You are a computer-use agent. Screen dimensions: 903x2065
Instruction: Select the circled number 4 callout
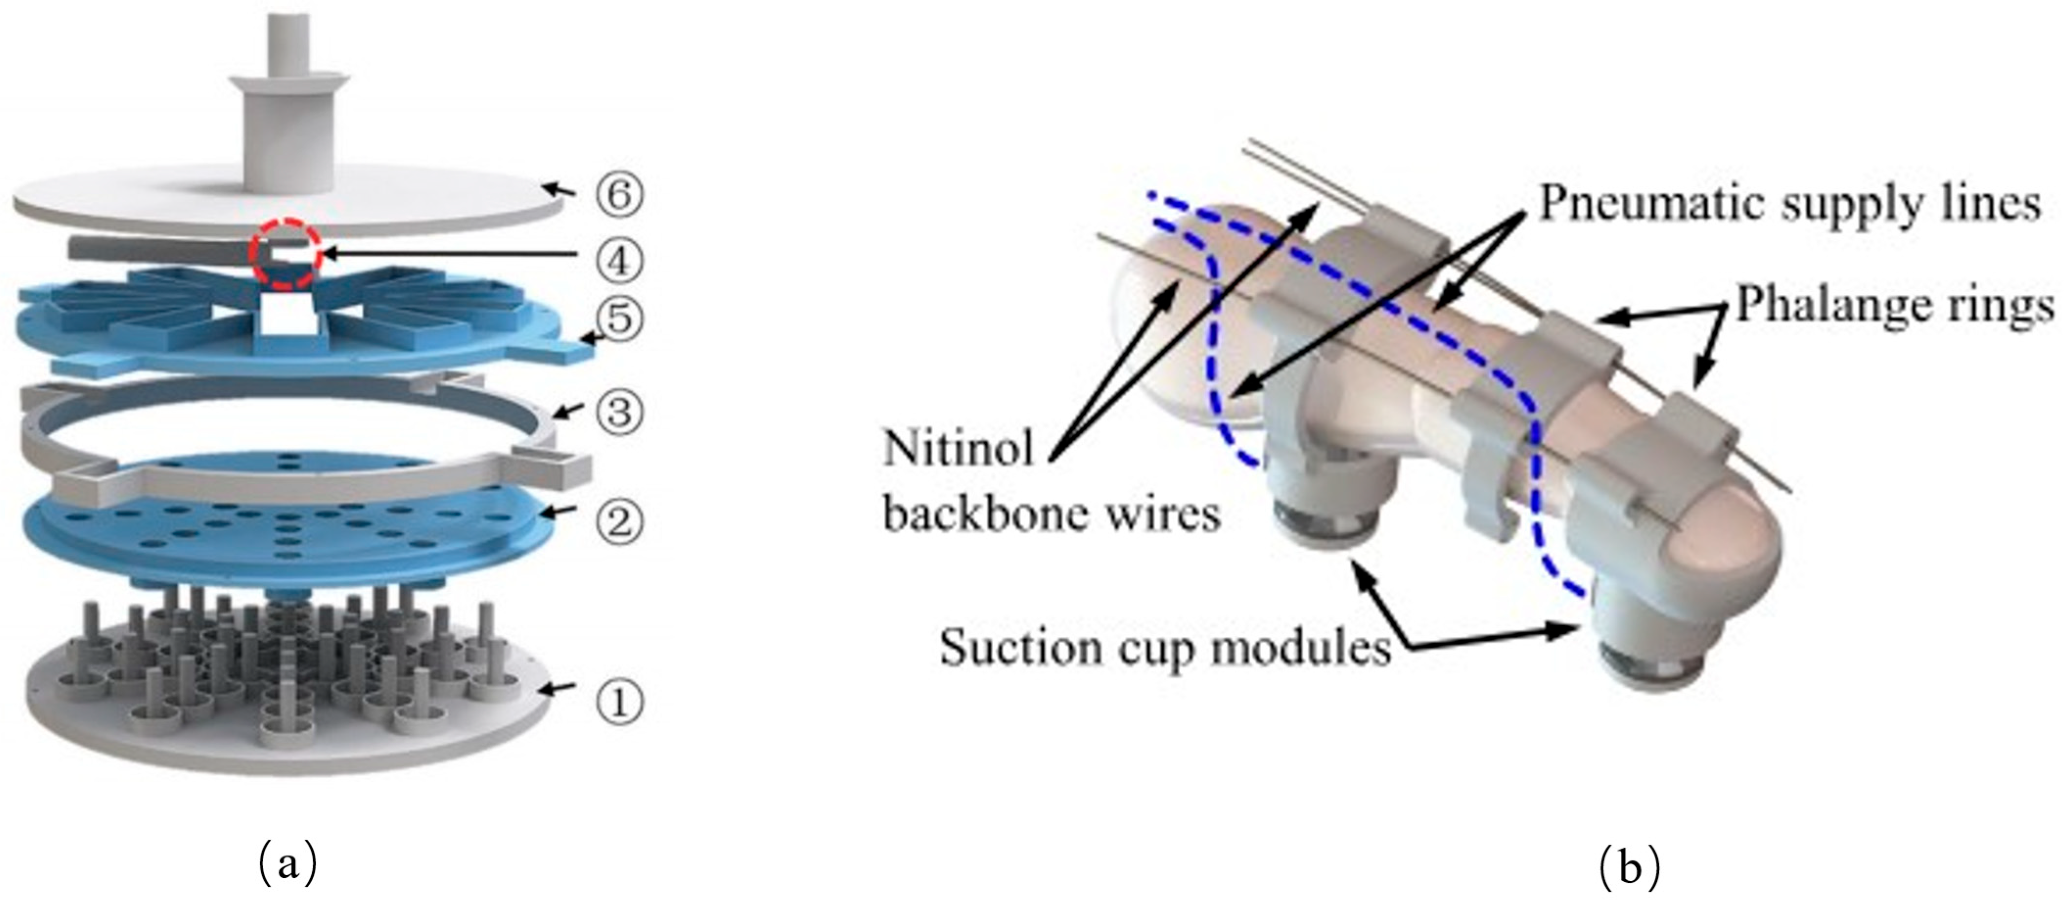pyautogui.click(x=619, y=261)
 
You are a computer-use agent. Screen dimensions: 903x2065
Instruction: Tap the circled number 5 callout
pyautogui.click(x=619, y=319)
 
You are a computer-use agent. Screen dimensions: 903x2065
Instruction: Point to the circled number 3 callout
pyautogui.click(x=619, y=412)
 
